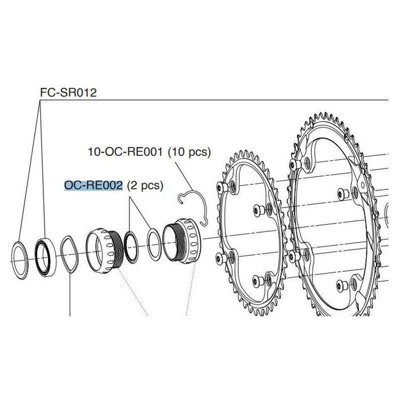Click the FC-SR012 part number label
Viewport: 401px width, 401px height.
(68, 93)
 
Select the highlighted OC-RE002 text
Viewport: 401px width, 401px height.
(94, 185)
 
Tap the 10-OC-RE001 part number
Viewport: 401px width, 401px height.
(126, 151)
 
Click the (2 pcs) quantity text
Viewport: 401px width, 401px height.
(145, 185)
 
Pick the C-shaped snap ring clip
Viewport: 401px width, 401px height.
(194, 206)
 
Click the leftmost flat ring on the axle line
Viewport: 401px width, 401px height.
(21, 260)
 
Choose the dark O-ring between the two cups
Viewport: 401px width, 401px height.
(132, 246)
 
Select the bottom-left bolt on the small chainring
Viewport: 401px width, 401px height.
(221, 257)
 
